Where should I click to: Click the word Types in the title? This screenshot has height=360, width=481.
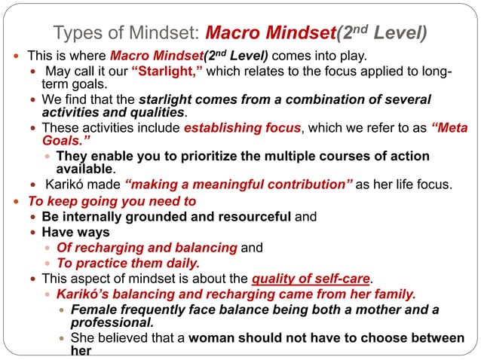point(78,33)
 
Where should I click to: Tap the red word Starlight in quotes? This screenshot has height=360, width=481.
point(167,72)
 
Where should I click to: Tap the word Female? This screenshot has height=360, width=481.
point(91,309)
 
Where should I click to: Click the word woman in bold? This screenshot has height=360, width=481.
point(213,338)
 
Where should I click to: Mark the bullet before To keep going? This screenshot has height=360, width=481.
point(17,202)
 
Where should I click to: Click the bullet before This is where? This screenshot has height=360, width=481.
point(17,56)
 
